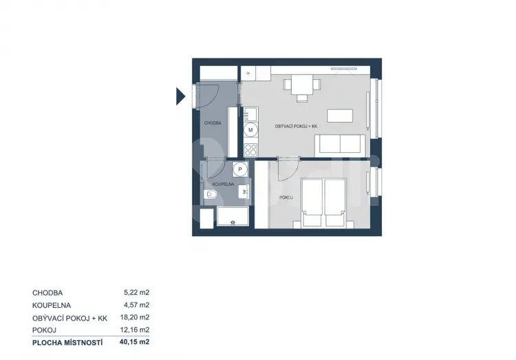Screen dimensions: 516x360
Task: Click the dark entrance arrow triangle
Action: (180, 96)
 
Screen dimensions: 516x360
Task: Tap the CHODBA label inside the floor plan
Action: (213, 123)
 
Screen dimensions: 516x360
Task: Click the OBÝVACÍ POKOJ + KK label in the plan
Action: (296, 127)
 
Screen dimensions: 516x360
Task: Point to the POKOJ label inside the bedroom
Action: (286, 198)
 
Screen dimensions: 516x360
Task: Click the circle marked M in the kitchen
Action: (250, 130)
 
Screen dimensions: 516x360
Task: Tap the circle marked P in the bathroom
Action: (240, 169)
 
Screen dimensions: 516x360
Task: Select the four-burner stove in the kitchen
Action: (250, 150)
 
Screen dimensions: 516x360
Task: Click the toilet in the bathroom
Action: (210, 195)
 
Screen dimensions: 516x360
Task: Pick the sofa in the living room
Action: (341, 145)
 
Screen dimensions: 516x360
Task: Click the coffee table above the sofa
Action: (340, 116)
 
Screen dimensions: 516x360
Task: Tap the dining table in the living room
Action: (302, 85)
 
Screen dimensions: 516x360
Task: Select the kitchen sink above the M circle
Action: (250, 114)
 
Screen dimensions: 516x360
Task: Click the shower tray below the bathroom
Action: (233, 216)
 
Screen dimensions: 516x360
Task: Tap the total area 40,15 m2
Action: (135, 342)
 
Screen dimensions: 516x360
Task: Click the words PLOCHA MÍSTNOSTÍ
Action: (67, 343)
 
